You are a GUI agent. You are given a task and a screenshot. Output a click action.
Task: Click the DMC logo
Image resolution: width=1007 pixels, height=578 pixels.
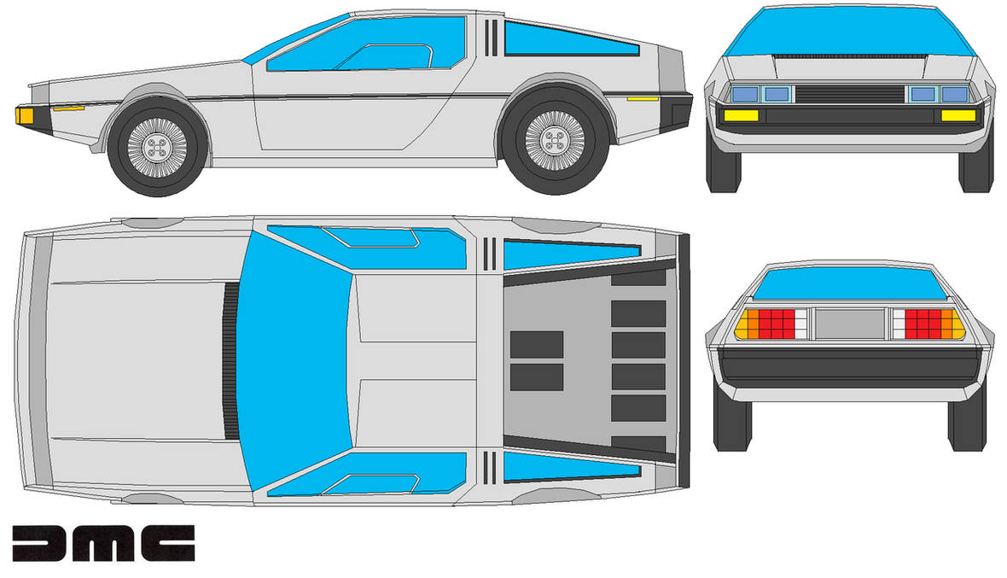103,543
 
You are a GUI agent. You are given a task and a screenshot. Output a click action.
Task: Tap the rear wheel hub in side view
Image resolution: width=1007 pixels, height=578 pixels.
555,140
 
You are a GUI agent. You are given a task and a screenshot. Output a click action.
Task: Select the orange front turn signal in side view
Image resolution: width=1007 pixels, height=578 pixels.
25,116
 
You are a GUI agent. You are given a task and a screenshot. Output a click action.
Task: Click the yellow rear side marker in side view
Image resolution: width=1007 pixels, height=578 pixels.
643,99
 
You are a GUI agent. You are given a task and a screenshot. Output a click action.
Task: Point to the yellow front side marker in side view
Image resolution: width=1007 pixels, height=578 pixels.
69,108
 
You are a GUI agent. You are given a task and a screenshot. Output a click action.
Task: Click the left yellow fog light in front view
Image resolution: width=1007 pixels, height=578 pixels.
741,115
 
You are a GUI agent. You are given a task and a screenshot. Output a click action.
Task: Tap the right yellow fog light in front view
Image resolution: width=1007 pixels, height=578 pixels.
959,115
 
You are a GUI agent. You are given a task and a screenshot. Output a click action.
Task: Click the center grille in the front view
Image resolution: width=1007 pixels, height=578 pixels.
850,94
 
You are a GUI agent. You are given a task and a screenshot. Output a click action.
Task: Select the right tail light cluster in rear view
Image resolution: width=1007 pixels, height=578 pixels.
929,324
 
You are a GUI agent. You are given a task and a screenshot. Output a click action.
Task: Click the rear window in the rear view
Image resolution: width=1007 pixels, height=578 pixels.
849,284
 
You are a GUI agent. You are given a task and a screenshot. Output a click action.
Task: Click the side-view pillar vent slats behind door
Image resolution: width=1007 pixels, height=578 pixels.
492,38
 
